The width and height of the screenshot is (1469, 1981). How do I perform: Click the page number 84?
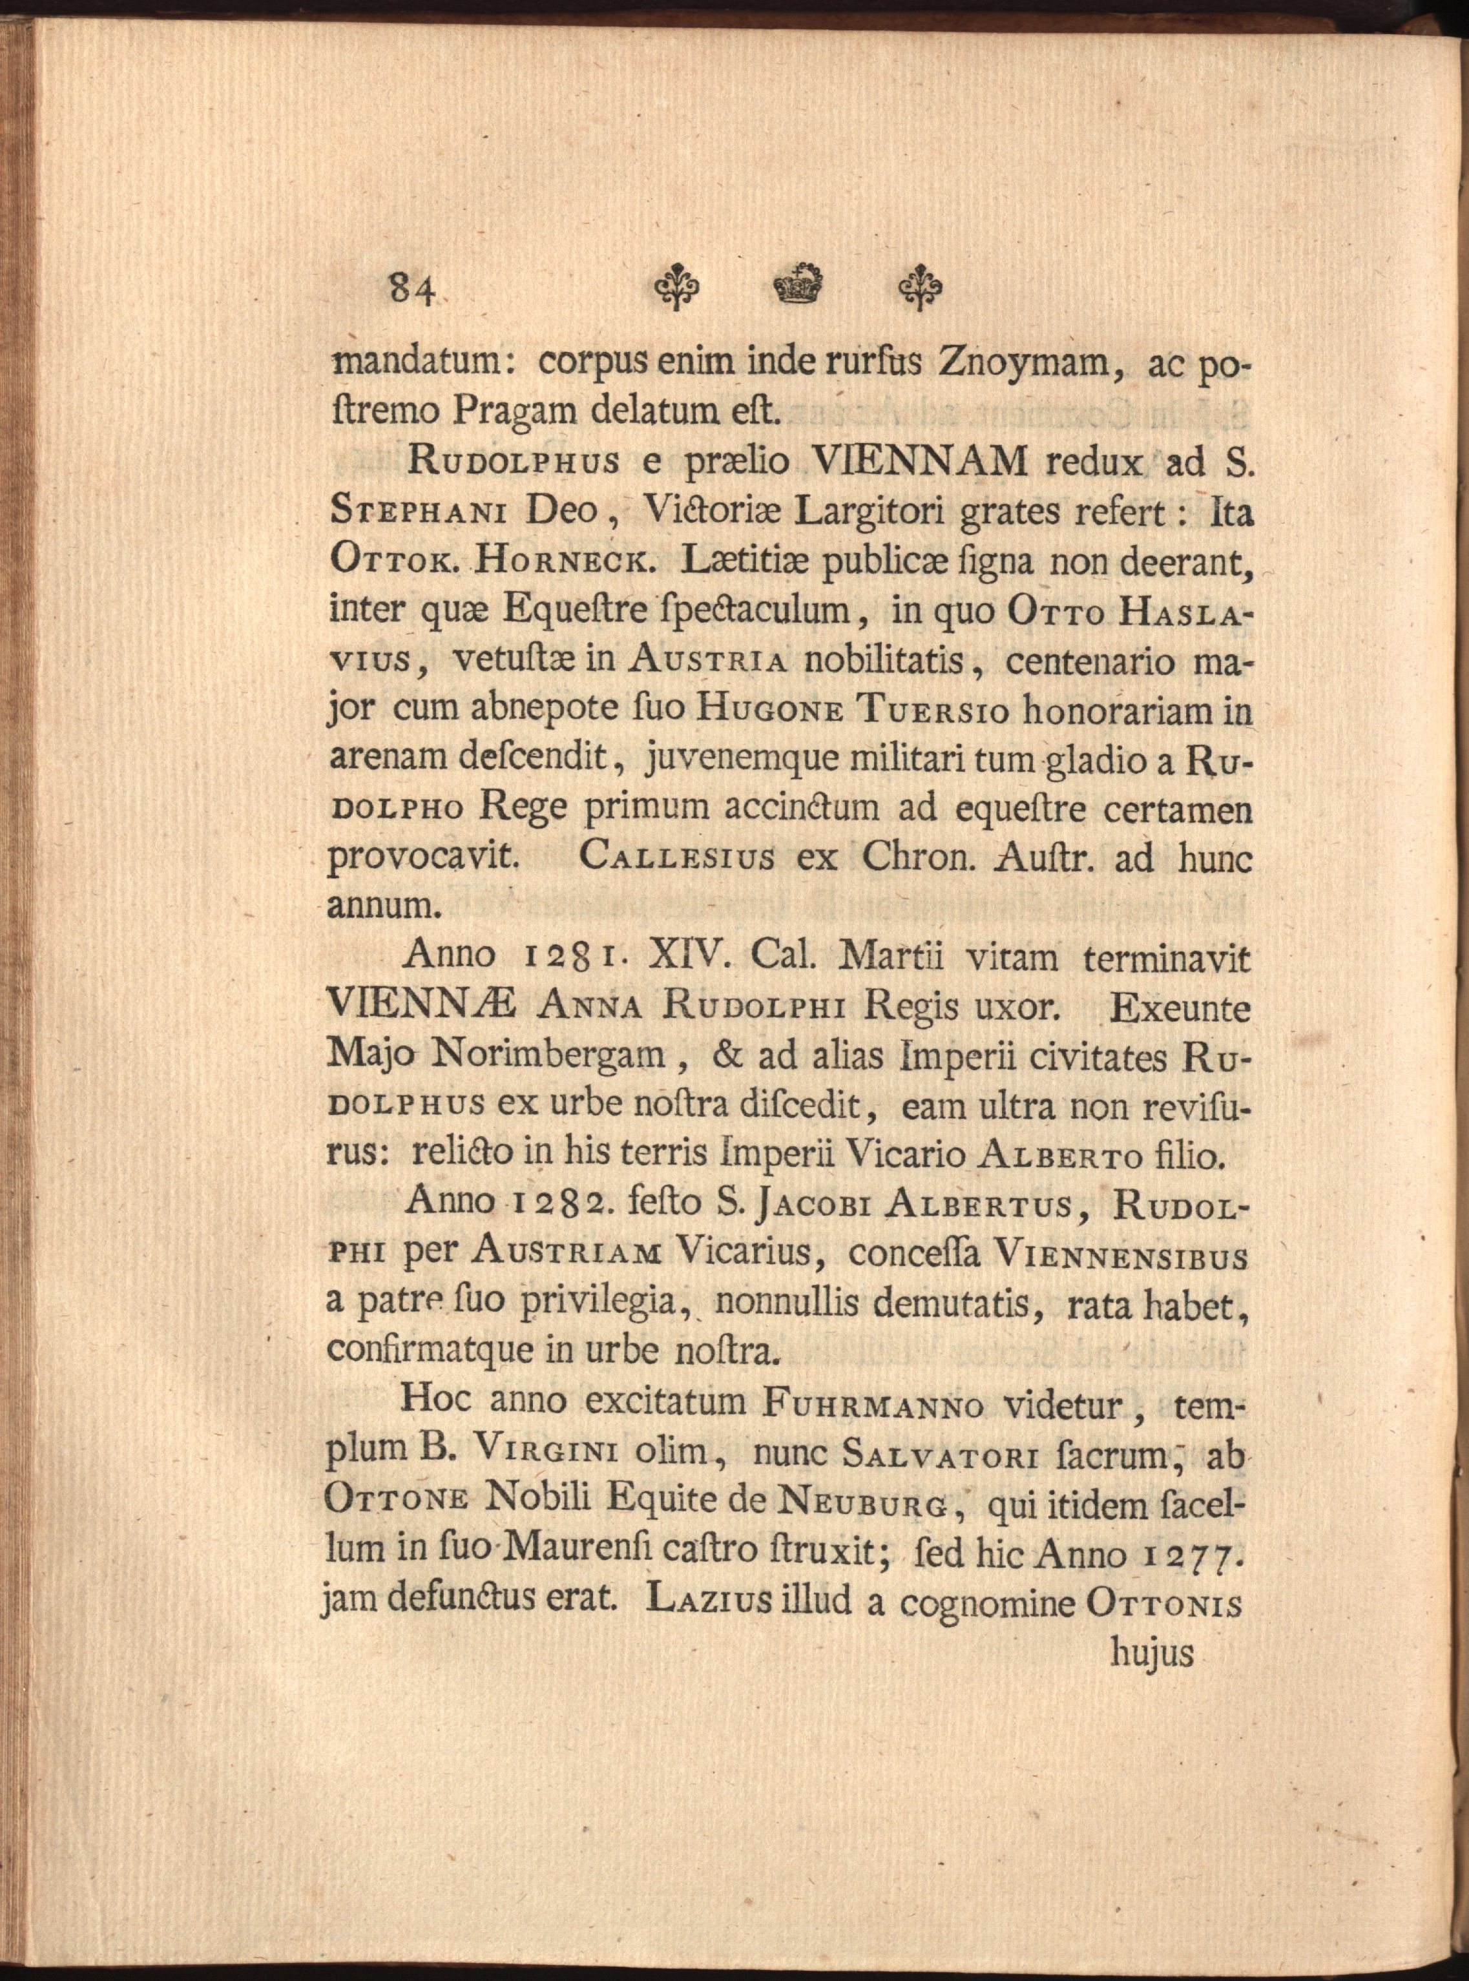click(411, 288)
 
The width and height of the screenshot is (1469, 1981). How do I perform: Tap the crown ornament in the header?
click(798, 285)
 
